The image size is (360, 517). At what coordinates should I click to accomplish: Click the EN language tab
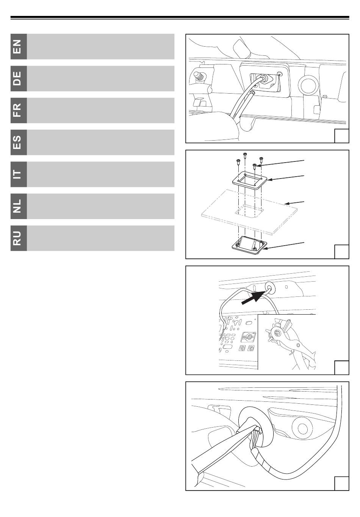19,47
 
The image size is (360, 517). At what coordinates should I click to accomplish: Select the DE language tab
19,78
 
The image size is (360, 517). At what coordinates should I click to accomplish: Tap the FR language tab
19,110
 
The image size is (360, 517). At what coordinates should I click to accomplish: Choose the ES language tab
19,142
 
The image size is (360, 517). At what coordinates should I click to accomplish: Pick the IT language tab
19,174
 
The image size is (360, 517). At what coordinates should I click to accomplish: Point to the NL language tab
19,206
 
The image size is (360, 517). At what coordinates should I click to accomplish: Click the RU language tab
19,238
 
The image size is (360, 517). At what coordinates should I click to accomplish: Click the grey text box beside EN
101,47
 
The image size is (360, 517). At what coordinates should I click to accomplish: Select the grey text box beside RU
101,238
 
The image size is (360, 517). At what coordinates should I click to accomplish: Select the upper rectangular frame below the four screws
249,180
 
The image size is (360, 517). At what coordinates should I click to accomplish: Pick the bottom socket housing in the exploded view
249,246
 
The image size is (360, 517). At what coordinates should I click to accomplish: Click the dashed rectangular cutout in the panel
249,211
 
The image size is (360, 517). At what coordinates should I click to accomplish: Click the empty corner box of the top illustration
341,136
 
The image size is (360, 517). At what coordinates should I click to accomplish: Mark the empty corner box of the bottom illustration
341,483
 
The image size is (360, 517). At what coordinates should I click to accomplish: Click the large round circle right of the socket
309,85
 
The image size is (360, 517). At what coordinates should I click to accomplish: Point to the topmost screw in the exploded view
245,156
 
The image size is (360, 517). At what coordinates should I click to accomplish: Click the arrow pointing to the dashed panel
295,203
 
